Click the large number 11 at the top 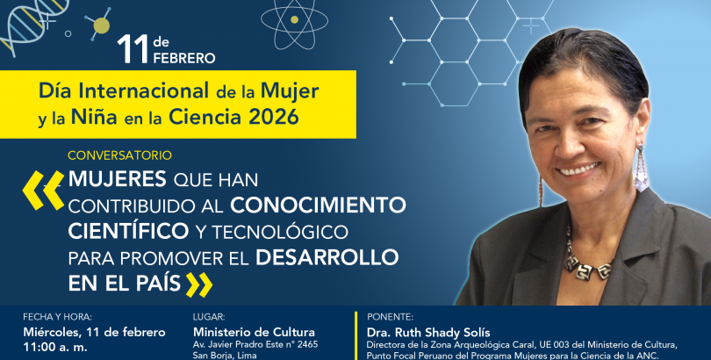(x=132, y=49)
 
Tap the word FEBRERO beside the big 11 (x=184, y=58)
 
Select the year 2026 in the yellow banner (x=273, y=118)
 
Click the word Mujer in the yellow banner (x=290, y=92)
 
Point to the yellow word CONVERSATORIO (x=119, y=155)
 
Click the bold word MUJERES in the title (x=117, y=179)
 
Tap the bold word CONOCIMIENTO (x=318, y=205)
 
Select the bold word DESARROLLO (x=327, y=257)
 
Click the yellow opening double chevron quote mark (x=44, y=190)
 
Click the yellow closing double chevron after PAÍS (x=199, y=284)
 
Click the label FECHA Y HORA (x=57, y=317)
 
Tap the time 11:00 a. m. (x=55, y=348)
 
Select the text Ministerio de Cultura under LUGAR (x=254, y=333)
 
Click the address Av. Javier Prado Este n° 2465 (x=255, y=344)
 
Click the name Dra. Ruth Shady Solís (x=428, y=333)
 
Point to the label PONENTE (x=390, y=317)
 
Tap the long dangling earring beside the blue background (x=641, y=167)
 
